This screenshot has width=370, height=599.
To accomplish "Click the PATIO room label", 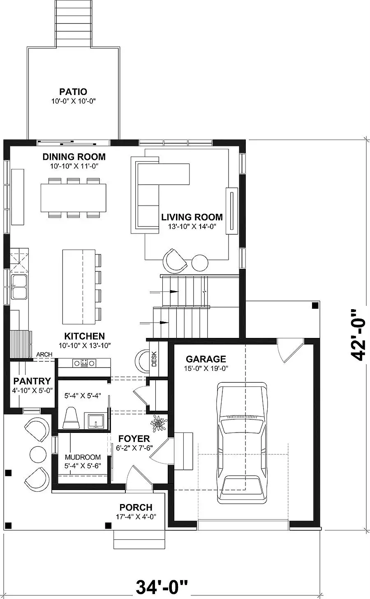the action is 73,92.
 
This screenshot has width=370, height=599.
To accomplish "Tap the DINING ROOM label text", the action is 74,157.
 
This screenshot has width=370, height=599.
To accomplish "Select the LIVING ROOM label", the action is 192,217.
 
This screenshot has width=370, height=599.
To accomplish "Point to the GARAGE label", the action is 206,359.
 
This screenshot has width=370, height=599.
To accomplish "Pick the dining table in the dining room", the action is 74,198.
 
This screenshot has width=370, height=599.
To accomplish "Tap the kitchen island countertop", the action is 79,287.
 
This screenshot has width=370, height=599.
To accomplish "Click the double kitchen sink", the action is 19,287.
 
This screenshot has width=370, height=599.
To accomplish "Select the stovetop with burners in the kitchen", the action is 84,363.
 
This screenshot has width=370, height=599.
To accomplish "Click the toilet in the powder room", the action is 71,418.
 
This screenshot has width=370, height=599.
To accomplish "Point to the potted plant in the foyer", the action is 159,423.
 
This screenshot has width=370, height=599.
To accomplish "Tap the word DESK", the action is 154,359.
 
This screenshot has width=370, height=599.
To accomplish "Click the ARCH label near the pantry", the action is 44,354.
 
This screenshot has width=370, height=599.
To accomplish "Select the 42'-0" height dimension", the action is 358,335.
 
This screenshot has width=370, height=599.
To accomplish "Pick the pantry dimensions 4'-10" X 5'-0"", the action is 32,391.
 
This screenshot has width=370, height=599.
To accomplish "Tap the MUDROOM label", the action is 83,457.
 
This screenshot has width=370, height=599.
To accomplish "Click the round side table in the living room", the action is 200,263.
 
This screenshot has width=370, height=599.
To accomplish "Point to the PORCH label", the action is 136,507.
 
